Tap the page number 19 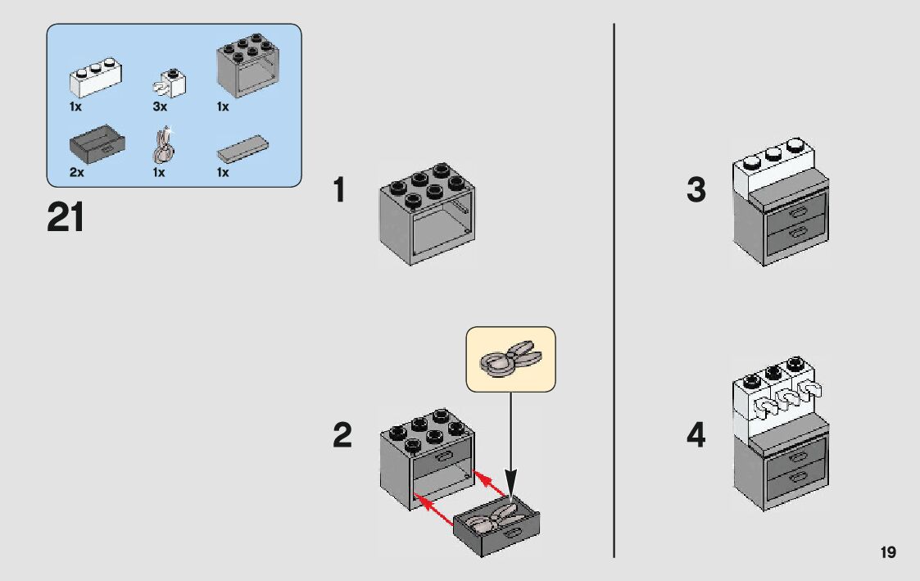[888, 553]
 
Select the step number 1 [339, 192]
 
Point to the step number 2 [342, 435]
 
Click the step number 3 [696, 191]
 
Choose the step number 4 [696, 435]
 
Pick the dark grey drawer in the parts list [97, 146]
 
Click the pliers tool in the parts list [163, 146]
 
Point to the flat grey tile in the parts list [243, 150]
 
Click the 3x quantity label [160, 107]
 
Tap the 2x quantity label [77, 173]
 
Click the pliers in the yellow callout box [510, 358]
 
